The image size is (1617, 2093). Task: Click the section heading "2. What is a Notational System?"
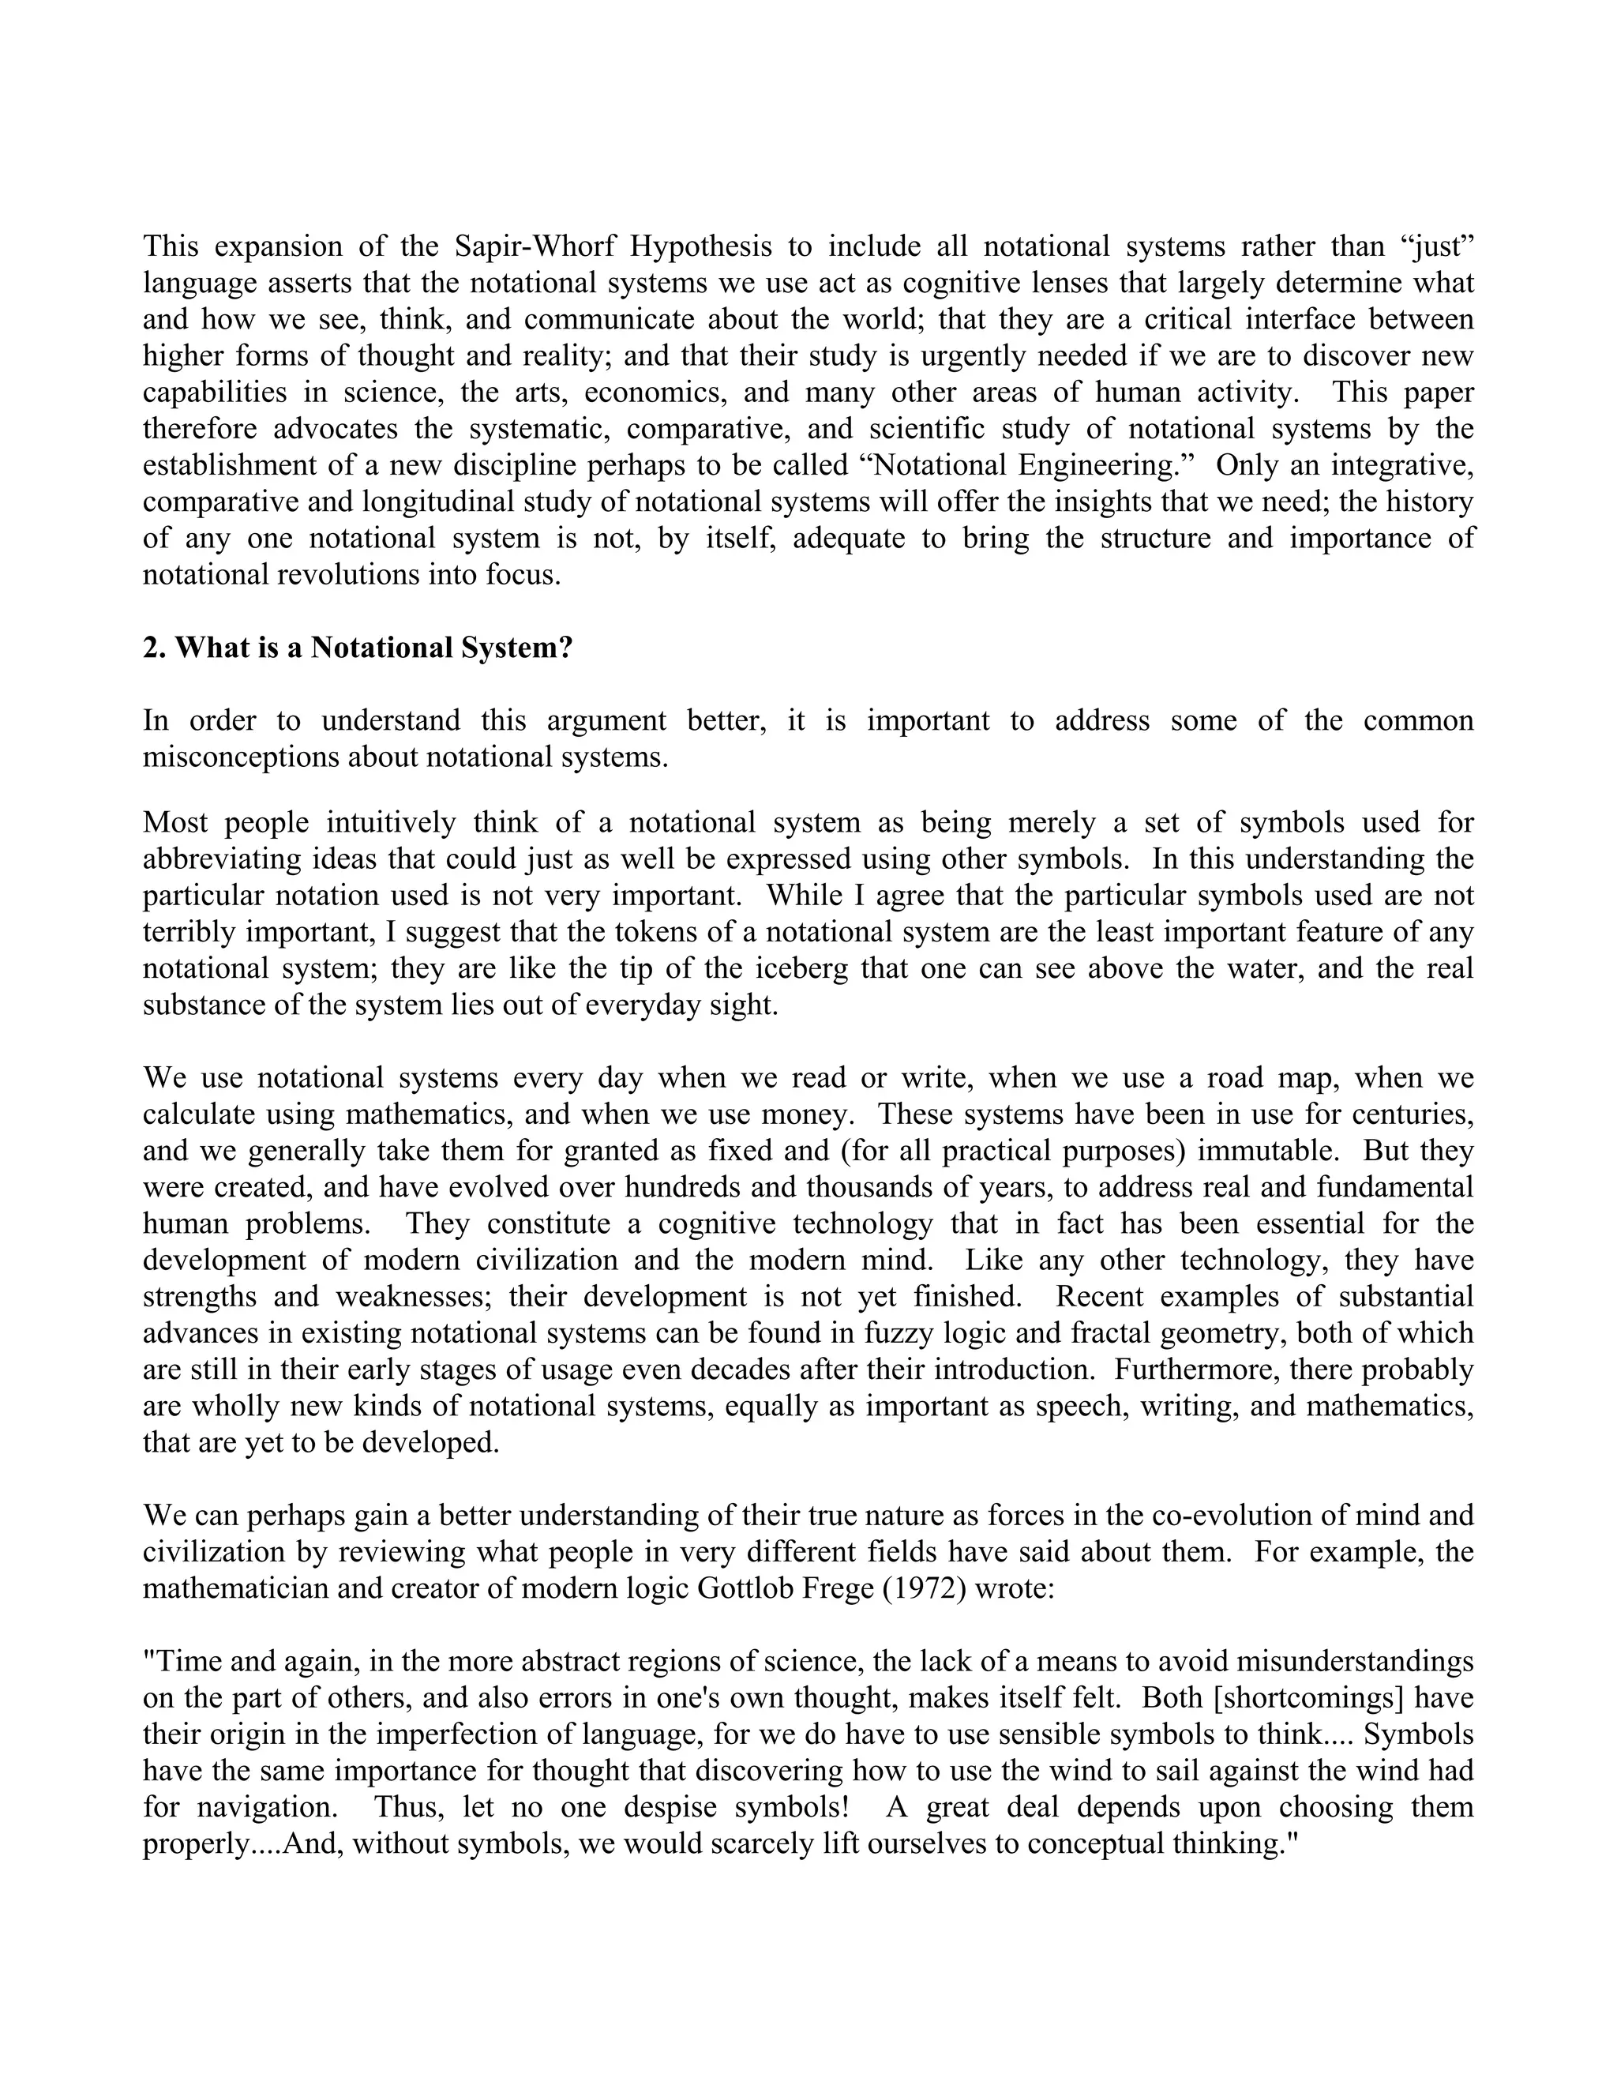(x=358, y=648)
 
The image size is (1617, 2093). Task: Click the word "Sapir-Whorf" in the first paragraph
(x=534, y=246)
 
